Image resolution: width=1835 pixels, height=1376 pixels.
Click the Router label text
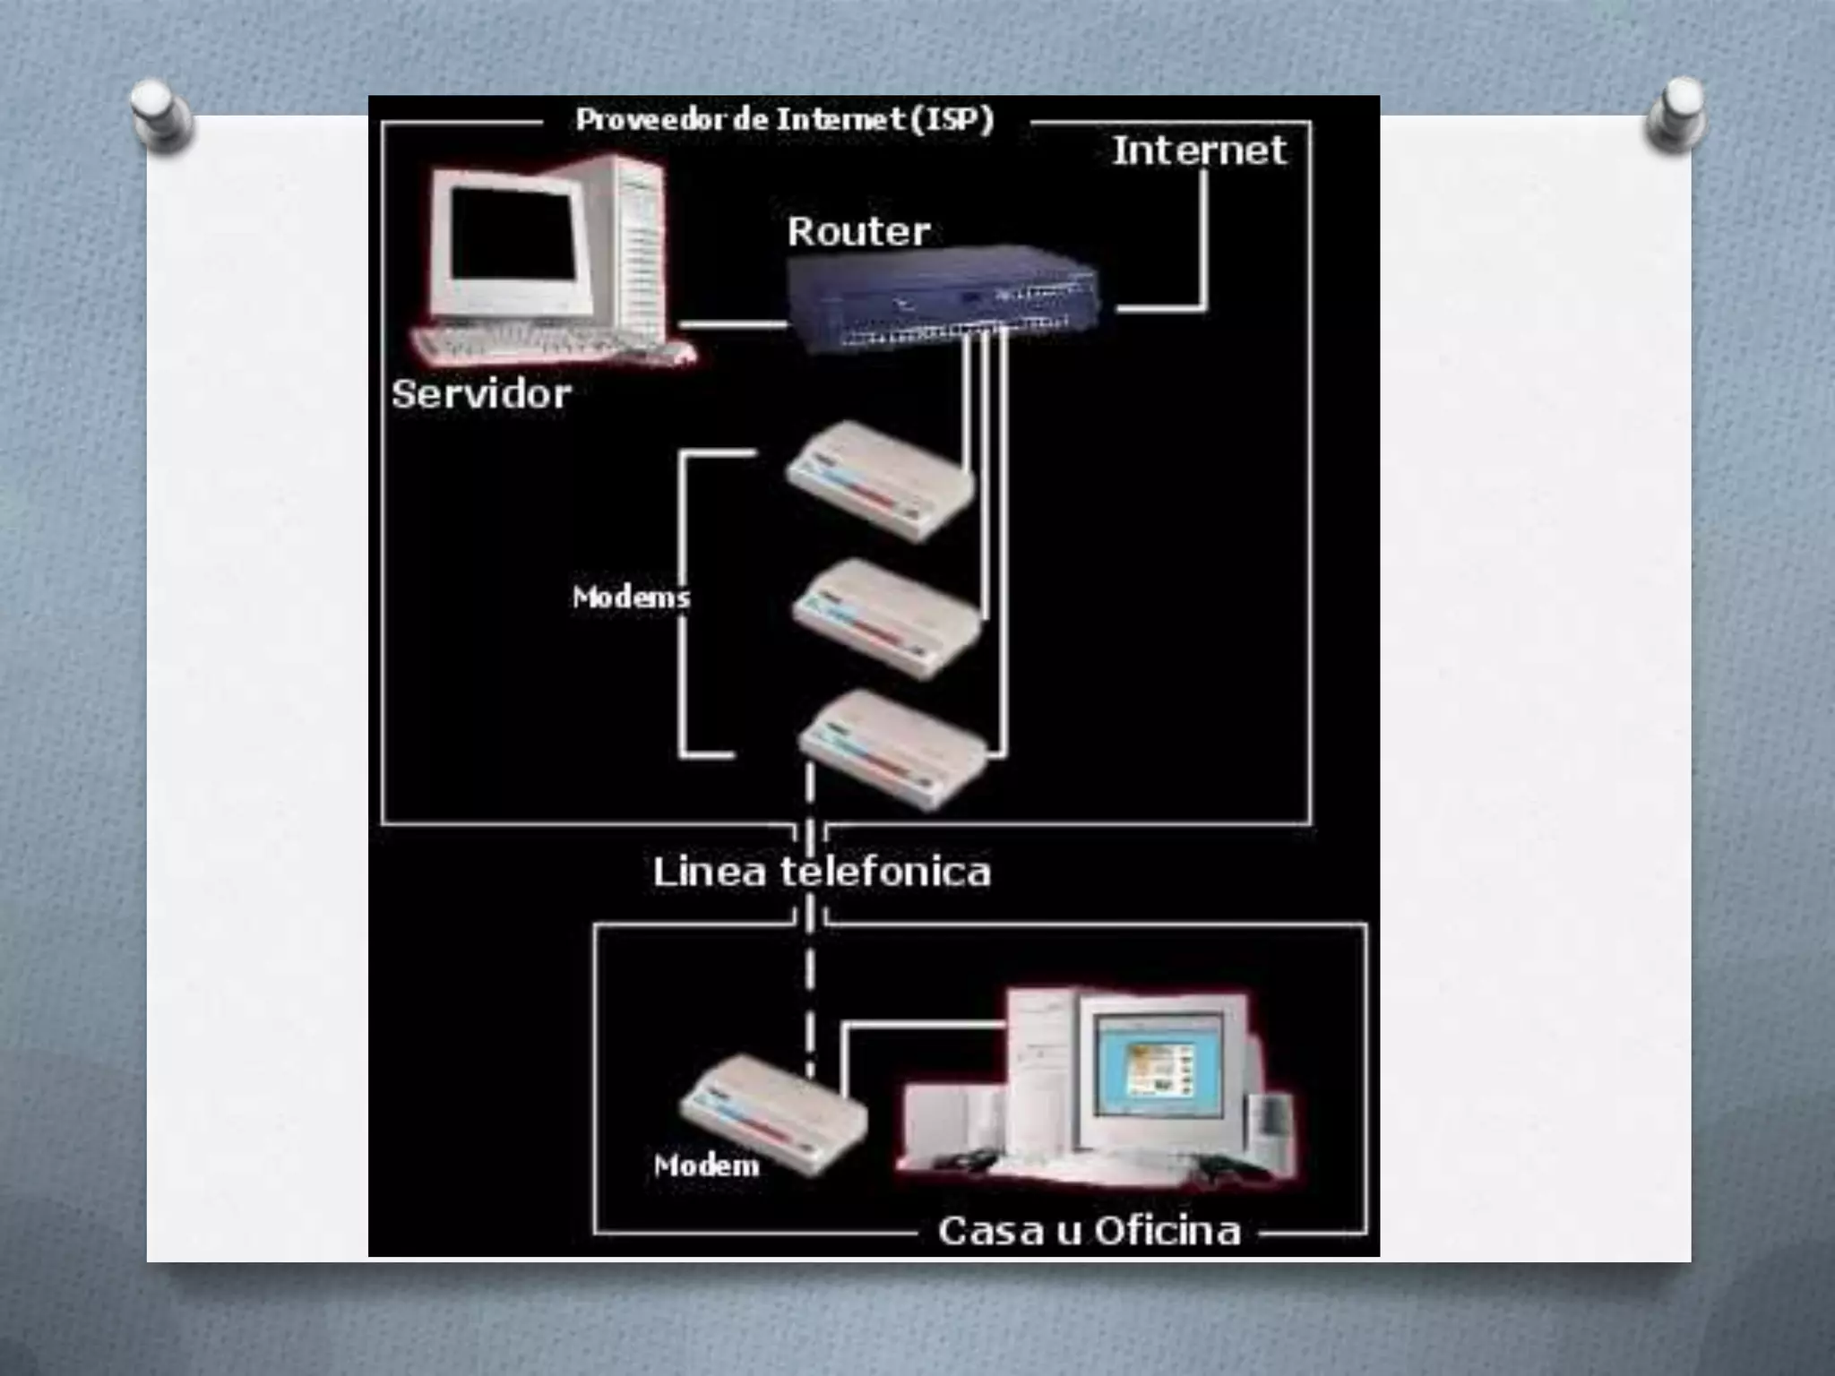coord(858,232)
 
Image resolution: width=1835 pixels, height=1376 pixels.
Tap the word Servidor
coord(481,394)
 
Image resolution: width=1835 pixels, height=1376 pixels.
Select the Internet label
coord(1199,150)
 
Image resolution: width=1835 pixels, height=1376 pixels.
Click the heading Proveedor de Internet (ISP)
coord(785,119)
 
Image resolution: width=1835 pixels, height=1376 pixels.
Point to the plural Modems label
coord(631,597)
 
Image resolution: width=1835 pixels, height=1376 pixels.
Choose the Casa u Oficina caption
coord(1089,1231)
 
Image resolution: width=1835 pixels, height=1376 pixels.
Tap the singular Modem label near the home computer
coord(706,1165)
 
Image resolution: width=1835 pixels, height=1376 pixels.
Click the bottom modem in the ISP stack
coord(892,748)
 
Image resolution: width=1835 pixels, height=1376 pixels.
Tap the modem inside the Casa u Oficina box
coord(772,1114)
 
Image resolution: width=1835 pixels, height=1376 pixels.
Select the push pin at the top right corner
coord(1676,114)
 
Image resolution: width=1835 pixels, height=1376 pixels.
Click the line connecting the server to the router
coord(733,323)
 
